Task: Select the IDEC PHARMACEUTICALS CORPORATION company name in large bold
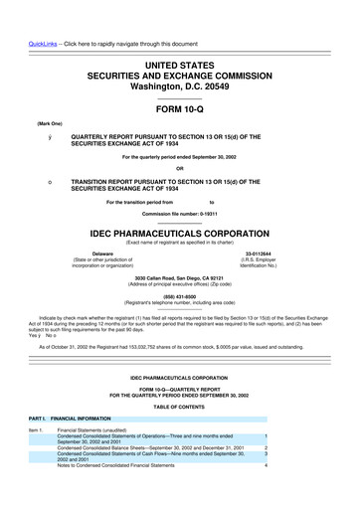tap(180, 237)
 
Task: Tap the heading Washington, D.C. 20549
tap(180, 72)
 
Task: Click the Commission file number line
tap(180, 215)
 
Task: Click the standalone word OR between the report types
tap(180, 166)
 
